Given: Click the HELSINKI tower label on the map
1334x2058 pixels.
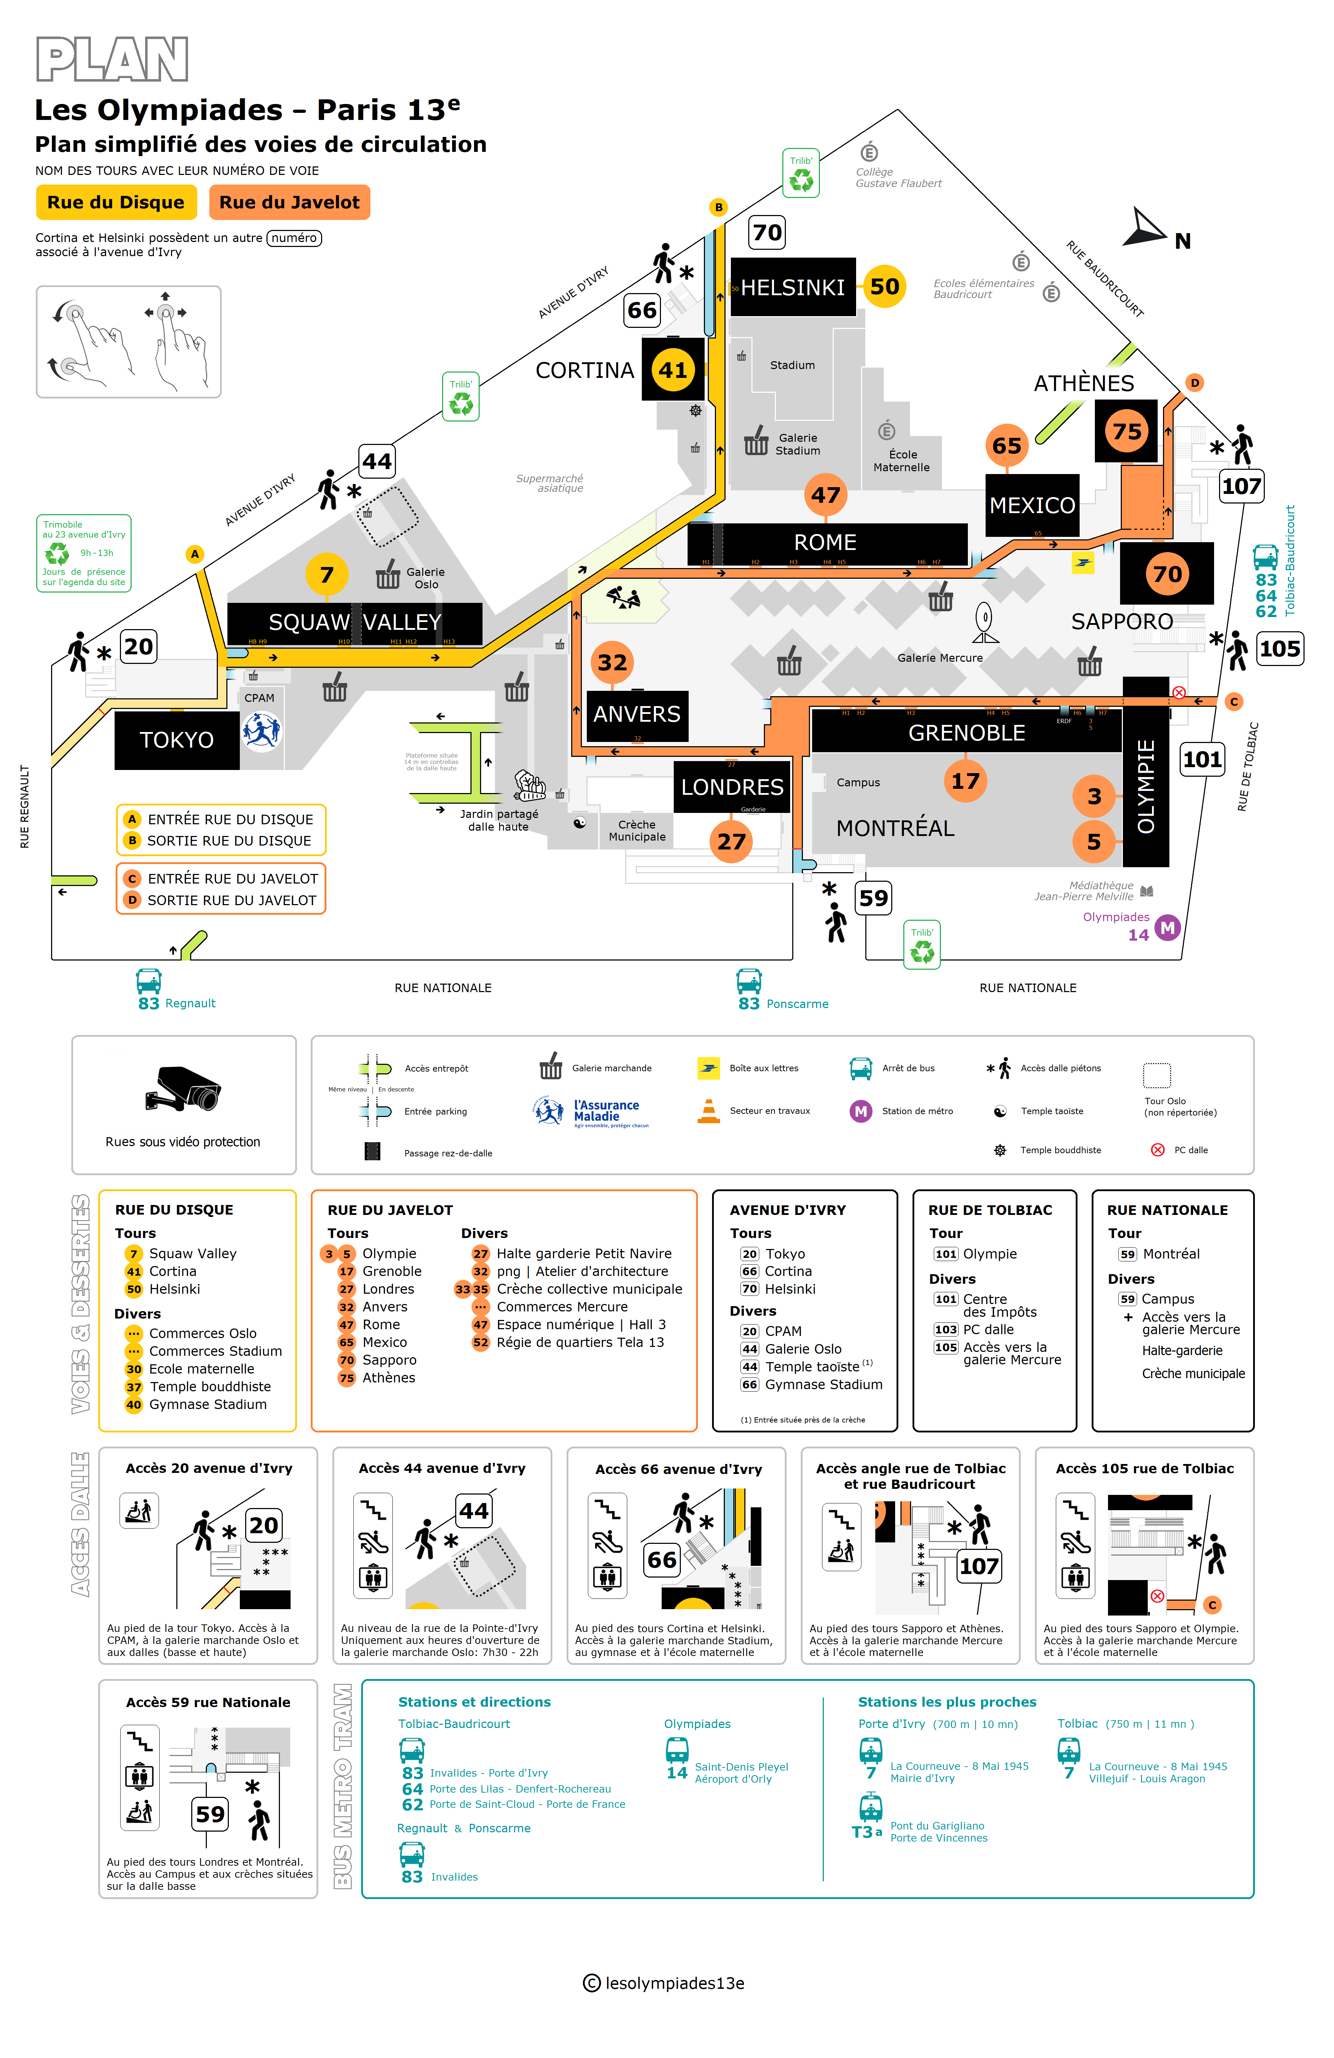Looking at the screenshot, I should click(x=792, y=287).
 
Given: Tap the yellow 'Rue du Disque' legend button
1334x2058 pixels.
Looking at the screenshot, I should click(x=116, y=202).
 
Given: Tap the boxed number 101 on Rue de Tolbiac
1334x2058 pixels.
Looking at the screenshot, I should click(x=1202, y=759).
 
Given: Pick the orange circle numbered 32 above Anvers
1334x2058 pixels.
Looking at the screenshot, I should click(x=612, y=662).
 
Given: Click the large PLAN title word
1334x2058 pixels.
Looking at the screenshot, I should click(x=112, y=60).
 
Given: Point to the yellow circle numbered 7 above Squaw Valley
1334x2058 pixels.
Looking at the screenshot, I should click(x=327, y=574).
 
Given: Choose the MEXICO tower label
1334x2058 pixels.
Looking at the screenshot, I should click(x=1032, y=505).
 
